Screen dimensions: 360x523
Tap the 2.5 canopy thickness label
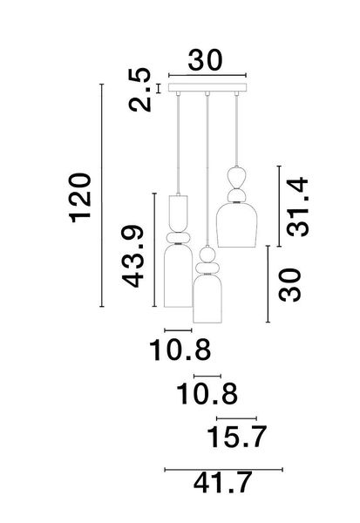pos(139,90)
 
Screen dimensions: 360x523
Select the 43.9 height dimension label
pos(132,256)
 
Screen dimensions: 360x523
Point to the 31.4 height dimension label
pos(297,207)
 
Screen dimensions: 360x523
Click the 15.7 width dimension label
pos(237,437)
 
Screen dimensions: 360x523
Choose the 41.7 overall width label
pos(223,482)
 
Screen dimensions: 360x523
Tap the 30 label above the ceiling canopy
pos(205,60)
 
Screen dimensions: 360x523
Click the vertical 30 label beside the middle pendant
pos(290,284)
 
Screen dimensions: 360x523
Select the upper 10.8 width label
pos(180,350)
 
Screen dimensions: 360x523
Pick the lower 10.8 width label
pos(207,394)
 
